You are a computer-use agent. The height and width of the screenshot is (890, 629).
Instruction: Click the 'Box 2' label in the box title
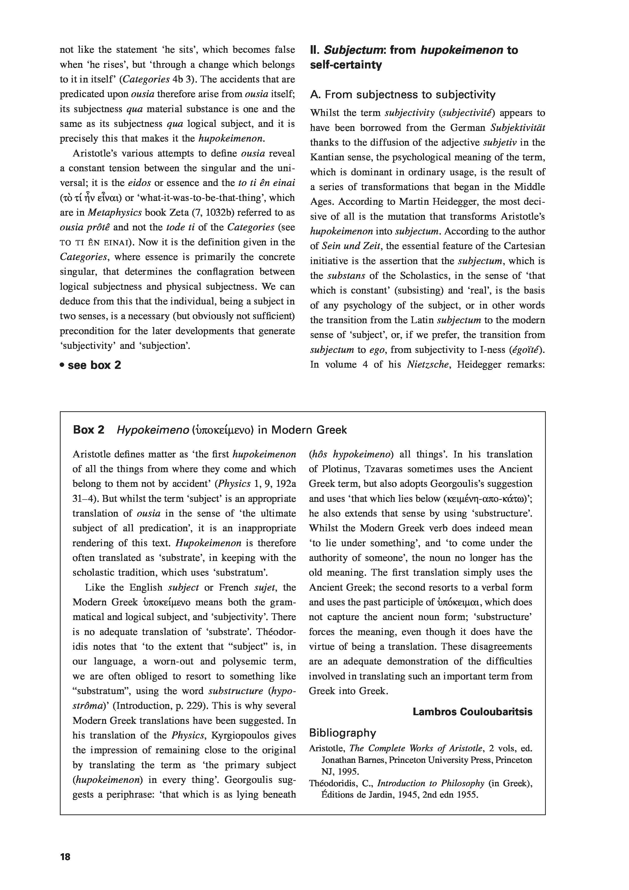[89, 430]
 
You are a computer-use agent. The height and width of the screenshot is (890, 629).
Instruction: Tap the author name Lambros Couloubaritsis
[473, 712]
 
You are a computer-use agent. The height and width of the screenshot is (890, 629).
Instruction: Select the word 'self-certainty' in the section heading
[346, 65]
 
